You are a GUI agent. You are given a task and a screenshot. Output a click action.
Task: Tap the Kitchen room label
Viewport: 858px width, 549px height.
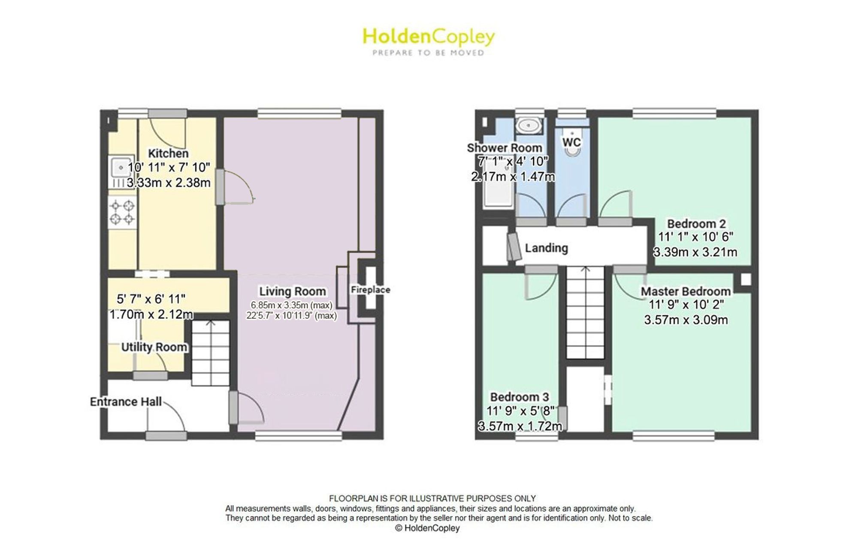[x=168, y=153]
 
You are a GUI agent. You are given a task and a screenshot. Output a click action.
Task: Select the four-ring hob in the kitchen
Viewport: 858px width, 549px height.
[x=122, y=212]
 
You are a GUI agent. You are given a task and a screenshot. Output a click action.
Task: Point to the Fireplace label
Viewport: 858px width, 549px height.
[x=370, y=290]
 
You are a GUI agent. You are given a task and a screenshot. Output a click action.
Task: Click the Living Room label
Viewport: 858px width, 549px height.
[x=293, y=291]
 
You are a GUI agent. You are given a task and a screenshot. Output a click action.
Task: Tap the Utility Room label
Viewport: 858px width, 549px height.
[x=154, y=347]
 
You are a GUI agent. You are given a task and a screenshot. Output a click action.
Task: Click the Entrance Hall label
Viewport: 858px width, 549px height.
[x=126, y=401]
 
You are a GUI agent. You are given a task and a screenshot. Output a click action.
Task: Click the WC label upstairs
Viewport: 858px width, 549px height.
[x=571, y=142]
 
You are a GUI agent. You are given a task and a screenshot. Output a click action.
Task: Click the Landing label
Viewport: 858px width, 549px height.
[x=547, y=248]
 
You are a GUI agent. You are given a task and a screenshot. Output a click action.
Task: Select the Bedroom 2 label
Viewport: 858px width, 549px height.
[x=696, y=223]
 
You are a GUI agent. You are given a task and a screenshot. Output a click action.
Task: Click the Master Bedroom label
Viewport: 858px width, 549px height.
[x=686, y=291]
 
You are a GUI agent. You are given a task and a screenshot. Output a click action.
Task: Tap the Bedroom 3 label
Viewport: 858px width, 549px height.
[x=520, y=397]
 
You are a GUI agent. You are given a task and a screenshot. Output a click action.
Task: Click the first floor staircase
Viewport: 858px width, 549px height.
[x=585, y=312]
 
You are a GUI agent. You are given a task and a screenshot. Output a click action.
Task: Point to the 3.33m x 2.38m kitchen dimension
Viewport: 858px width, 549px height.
[x=169, y=183]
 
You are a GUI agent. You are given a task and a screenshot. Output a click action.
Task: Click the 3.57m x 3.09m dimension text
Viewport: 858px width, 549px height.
[x=686, y=320]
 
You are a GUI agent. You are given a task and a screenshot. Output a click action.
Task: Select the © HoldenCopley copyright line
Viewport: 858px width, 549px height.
[x=427, y=528]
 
